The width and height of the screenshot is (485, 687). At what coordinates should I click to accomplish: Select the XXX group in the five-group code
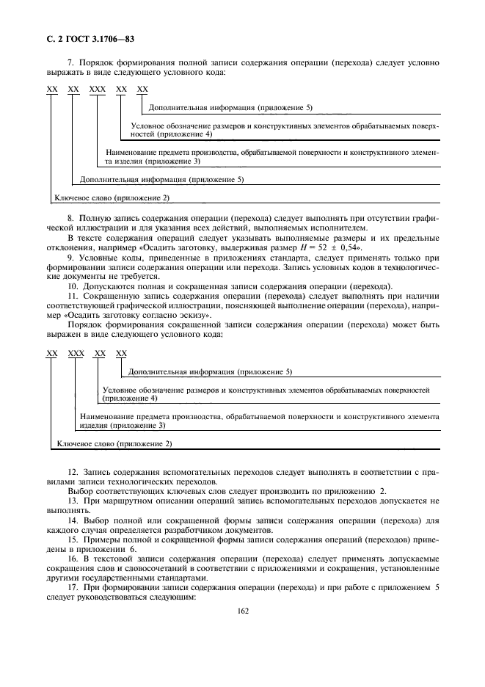[98, 89]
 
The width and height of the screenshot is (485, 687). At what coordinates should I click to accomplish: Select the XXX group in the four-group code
[76, 353]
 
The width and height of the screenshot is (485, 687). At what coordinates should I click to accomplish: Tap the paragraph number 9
[70, 258]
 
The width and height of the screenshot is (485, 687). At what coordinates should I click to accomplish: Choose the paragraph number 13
[72, 500]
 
